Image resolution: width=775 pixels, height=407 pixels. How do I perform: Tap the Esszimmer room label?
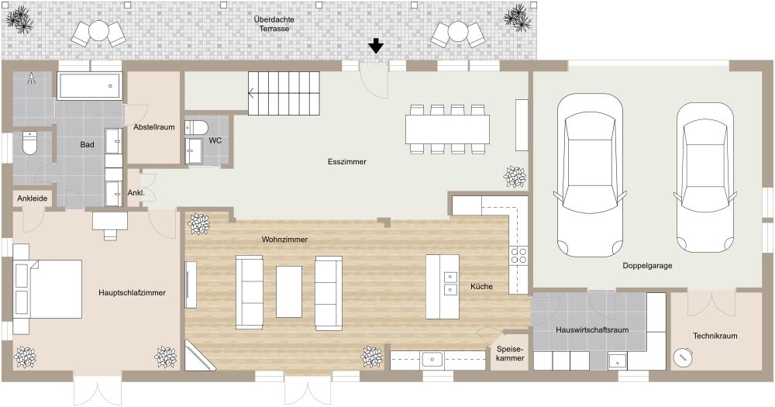346,162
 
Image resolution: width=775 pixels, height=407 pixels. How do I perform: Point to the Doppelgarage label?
646,266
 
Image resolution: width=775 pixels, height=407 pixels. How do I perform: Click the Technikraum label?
715,336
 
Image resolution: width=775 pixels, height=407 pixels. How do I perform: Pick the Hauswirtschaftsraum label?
591,329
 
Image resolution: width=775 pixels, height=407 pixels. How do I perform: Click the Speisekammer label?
509,354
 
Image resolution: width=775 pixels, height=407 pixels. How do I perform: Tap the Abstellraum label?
153,126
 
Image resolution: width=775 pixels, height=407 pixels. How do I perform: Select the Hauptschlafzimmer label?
133,292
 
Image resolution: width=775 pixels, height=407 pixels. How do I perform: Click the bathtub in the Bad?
90,85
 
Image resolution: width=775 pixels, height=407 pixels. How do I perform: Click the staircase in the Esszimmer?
284,93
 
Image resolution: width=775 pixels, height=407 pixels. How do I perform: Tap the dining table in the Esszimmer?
447,127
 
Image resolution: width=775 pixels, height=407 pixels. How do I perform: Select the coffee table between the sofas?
289,291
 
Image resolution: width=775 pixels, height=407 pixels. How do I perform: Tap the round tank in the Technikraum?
683,357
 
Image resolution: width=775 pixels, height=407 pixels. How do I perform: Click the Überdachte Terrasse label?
274,22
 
